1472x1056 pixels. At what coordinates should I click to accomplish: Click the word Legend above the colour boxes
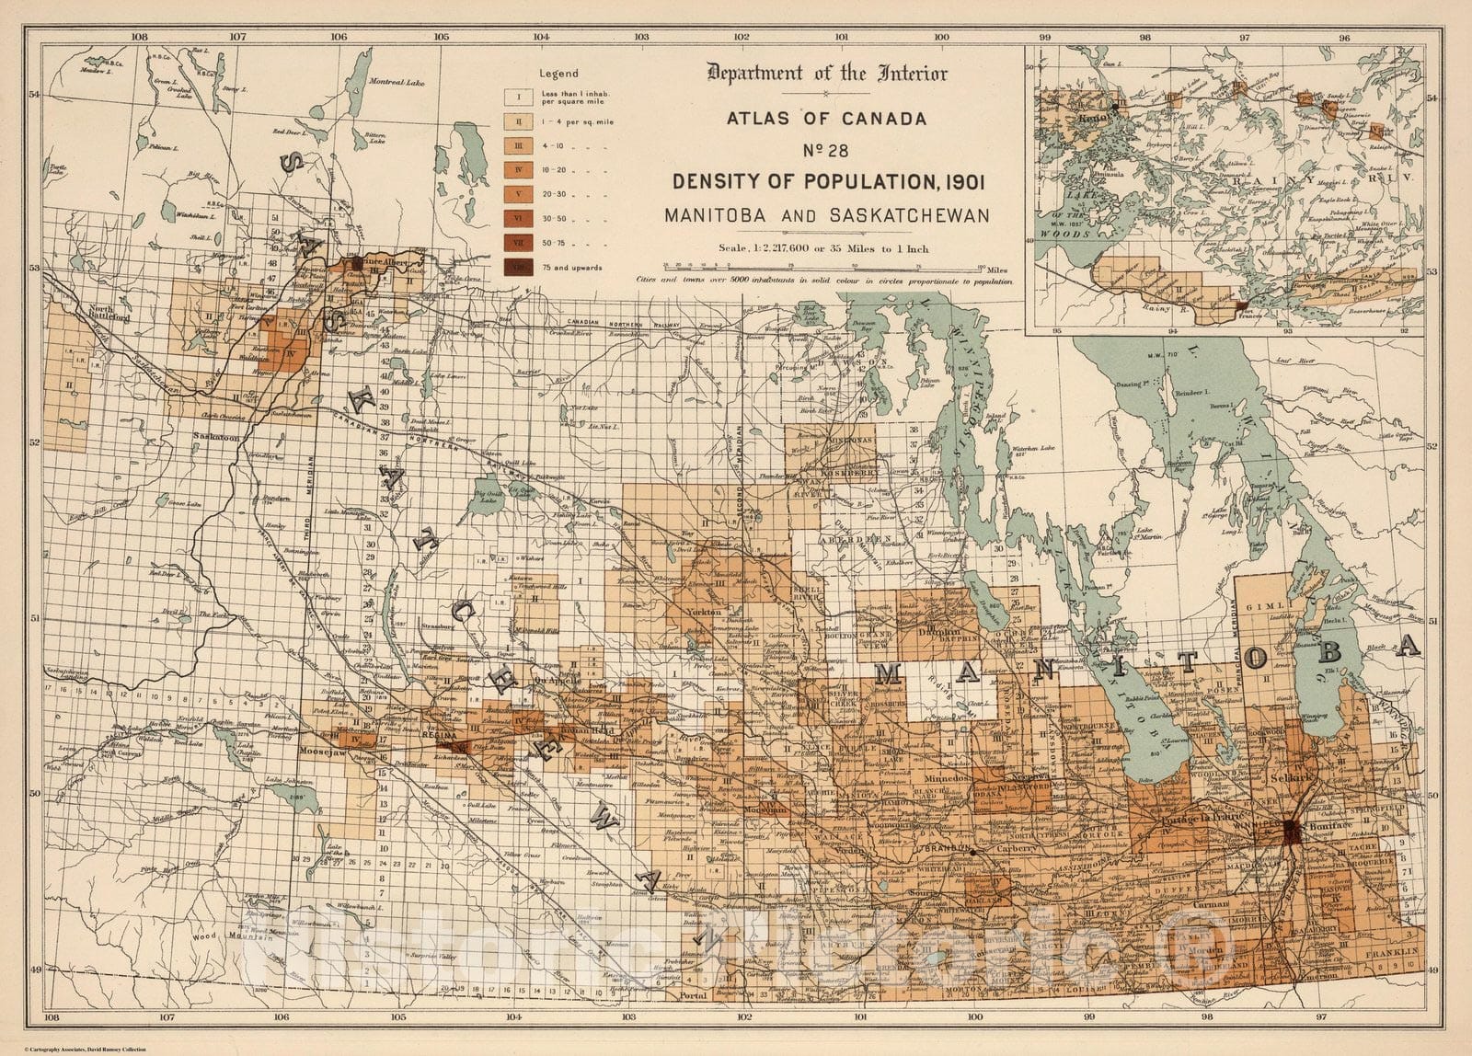(x=558, y=74)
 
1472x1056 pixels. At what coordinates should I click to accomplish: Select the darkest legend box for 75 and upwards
(x=519, y=268)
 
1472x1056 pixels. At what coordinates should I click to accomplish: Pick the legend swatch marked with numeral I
(x=519, y=96)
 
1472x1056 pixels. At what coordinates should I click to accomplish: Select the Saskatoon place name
(x=216, y=439)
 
